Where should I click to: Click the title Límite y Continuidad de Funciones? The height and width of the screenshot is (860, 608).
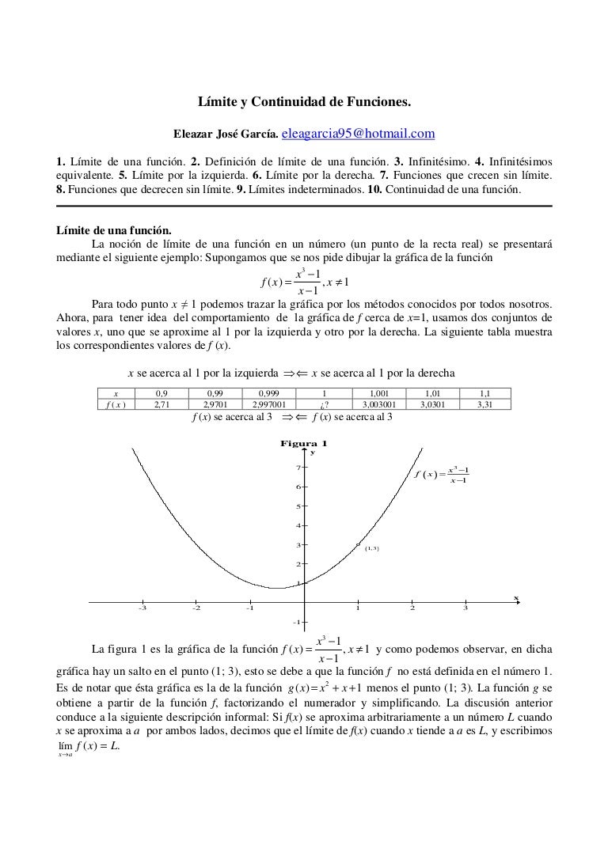pyautogui.click(x=304, y=102)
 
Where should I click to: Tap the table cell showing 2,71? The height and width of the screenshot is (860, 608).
pyautogui.click(x=161, y=403)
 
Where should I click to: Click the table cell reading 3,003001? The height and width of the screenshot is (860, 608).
pyautogui.click(x=377, y=403)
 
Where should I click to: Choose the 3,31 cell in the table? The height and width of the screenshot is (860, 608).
pyautogui.click(x=484, y=403)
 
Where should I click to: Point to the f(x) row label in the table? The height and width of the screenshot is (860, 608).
pyautogui.click(x=116, y=403)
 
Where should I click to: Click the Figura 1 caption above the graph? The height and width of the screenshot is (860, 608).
pyautogui.click(x=304, y=443)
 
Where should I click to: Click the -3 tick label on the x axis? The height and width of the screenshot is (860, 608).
pyautogui.click(x=142, y=608)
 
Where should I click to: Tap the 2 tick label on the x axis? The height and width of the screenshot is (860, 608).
pyautogui.click(x=412, y=608)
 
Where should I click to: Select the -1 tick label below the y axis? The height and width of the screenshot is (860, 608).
pyautogui.click(x=297, y=622)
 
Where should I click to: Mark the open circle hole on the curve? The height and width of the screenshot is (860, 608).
pyautogui.click(x=359, y=544)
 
